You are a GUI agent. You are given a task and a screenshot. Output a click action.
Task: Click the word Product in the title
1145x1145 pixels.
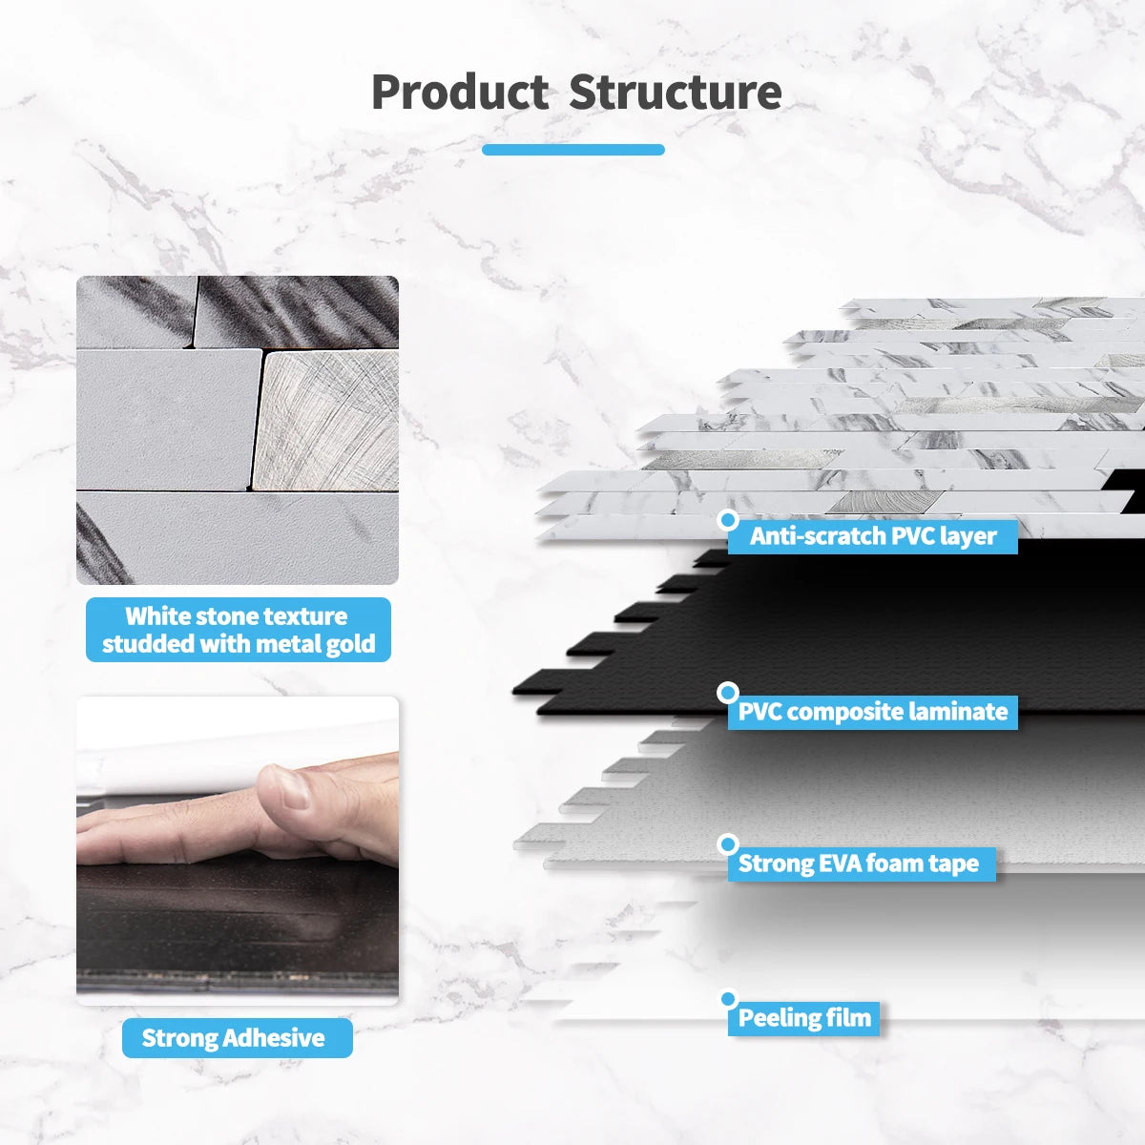point(459,93)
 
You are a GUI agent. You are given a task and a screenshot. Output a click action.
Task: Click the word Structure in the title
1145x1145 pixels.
point(675,93)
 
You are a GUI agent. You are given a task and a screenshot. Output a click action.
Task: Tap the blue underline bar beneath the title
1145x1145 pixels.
point(572,150)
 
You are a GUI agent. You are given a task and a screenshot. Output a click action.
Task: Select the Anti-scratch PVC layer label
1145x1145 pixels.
point(872,536)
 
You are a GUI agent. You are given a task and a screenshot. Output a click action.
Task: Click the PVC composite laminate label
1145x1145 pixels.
point(872,712)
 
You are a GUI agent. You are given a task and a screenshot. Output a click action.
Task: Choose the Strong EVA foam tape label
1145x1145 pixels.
point(859,864)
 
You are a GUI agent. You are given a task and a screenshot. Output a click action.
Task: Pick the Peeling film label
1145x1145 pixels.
point(804,1018)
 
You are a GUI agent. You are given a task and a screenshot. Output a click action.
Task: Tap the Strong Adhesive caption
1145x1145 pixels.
point(237,1038)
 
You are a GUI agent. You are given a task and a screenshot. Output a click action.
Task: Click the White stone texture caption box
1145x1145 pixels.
point(238,630)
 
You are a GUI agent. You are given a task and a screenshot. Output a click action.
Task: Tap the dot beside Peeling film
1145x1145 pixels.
point(729,999)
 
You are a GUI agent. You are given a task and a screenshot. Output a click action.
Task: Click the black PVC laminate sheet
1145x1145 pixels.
point(859,630)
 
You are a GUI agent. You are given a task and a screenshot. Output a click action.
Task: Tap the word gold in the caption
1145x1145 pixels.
point(351,644)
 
